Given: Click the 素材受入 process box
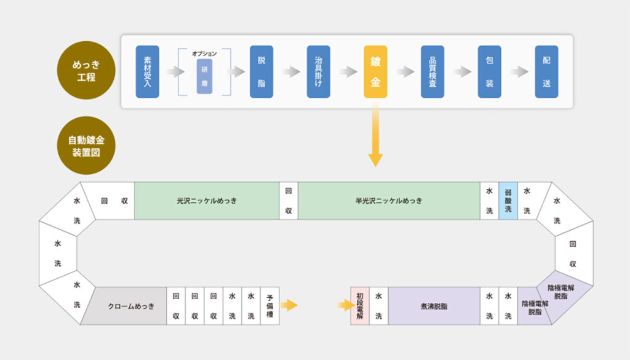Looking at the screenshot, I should click(148, 71).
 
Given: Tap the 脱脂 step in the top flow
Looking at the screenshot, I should click(261, 71).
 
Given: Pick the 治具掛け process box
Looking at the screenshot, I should click(318, 71).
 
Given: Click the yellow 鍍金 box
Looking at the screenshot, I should click(375, 71).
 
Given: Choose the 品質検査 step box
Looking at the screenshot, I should click(433, 71).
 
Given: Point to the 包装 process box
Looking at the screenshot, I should click(489, 71).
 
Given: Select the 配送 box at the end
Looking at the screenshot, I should click(546, 71).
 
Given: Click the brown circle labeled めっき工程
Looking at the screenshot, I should click(87, 71).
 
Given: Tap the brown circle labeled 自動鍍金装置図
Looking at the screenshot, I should click(87, 146).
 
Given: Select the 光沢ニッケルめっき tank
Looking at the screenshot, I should click(207, 201).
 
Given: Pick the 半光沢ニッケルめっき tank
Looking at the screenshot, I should click(389, 201).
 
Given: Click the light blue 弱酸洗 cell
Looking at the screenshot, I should click(508, 201).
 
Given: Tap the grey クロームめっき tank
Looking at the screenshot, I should click(131, 306).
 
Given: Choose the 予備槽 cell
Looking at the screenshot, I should click(270, 306).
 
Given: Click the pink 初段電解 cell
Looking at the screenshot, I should click(360, 306).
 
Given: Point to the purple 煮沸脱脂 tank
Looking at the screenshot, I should click(434, 306).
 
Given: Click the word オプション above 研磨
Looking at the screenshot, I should click(204, 54).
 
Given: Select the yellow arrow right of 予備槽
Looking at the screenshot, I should click(289, 305).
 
